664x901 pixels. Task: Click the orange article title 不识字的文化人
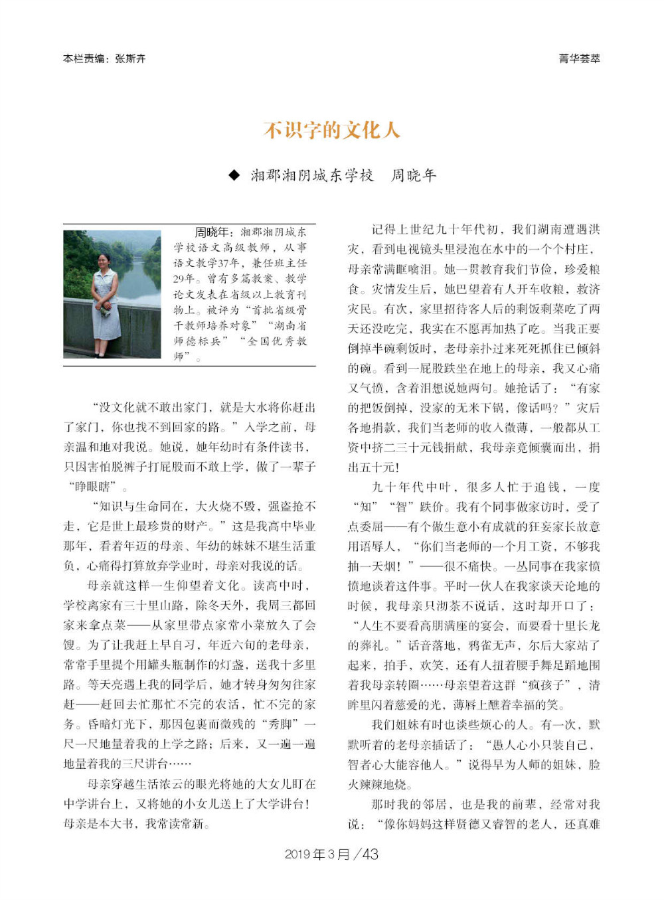coord(331,129)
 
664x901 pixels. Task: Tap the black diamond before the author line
coord(234,175)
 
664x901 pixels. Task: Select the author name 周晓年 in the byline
coord(413,175)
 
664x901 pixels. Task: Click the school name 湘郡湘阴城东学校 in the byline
coord(312,175)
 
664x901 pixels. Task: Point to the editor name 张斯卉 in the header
coord(130,58)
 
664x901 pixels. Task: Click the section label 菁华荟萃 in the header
coord(579,58)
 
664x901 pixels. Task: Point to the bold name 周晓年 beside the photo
coord(211,232)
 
